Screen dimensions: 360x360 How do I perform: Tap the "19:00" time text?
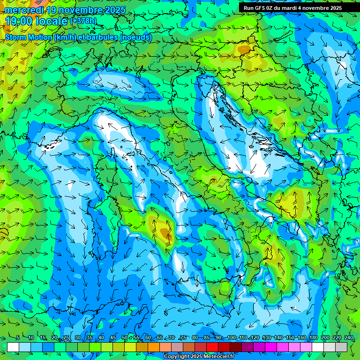point(19,21)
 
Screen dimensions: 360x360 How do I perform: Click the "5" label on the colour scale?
point(18,338)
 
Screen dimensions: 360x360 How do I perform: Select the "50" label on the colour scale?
point(124,338)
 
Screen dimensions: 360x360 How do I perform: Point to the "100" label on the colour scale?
point(231,338)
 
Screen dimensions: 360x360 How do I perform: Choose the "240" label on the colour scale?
point(348,338)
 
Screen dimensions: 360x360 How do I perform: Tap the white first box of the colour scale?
point(13,347)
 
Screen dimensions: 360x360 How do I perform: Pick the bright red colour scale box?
point(212,347)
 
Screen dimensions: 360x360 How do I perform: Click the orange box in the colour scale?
point(142,347)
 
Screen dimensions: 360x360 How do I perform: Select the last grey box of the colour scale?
point(341,347)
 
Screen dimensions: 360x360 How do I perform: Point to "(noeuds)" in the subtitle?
point(136,37)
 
